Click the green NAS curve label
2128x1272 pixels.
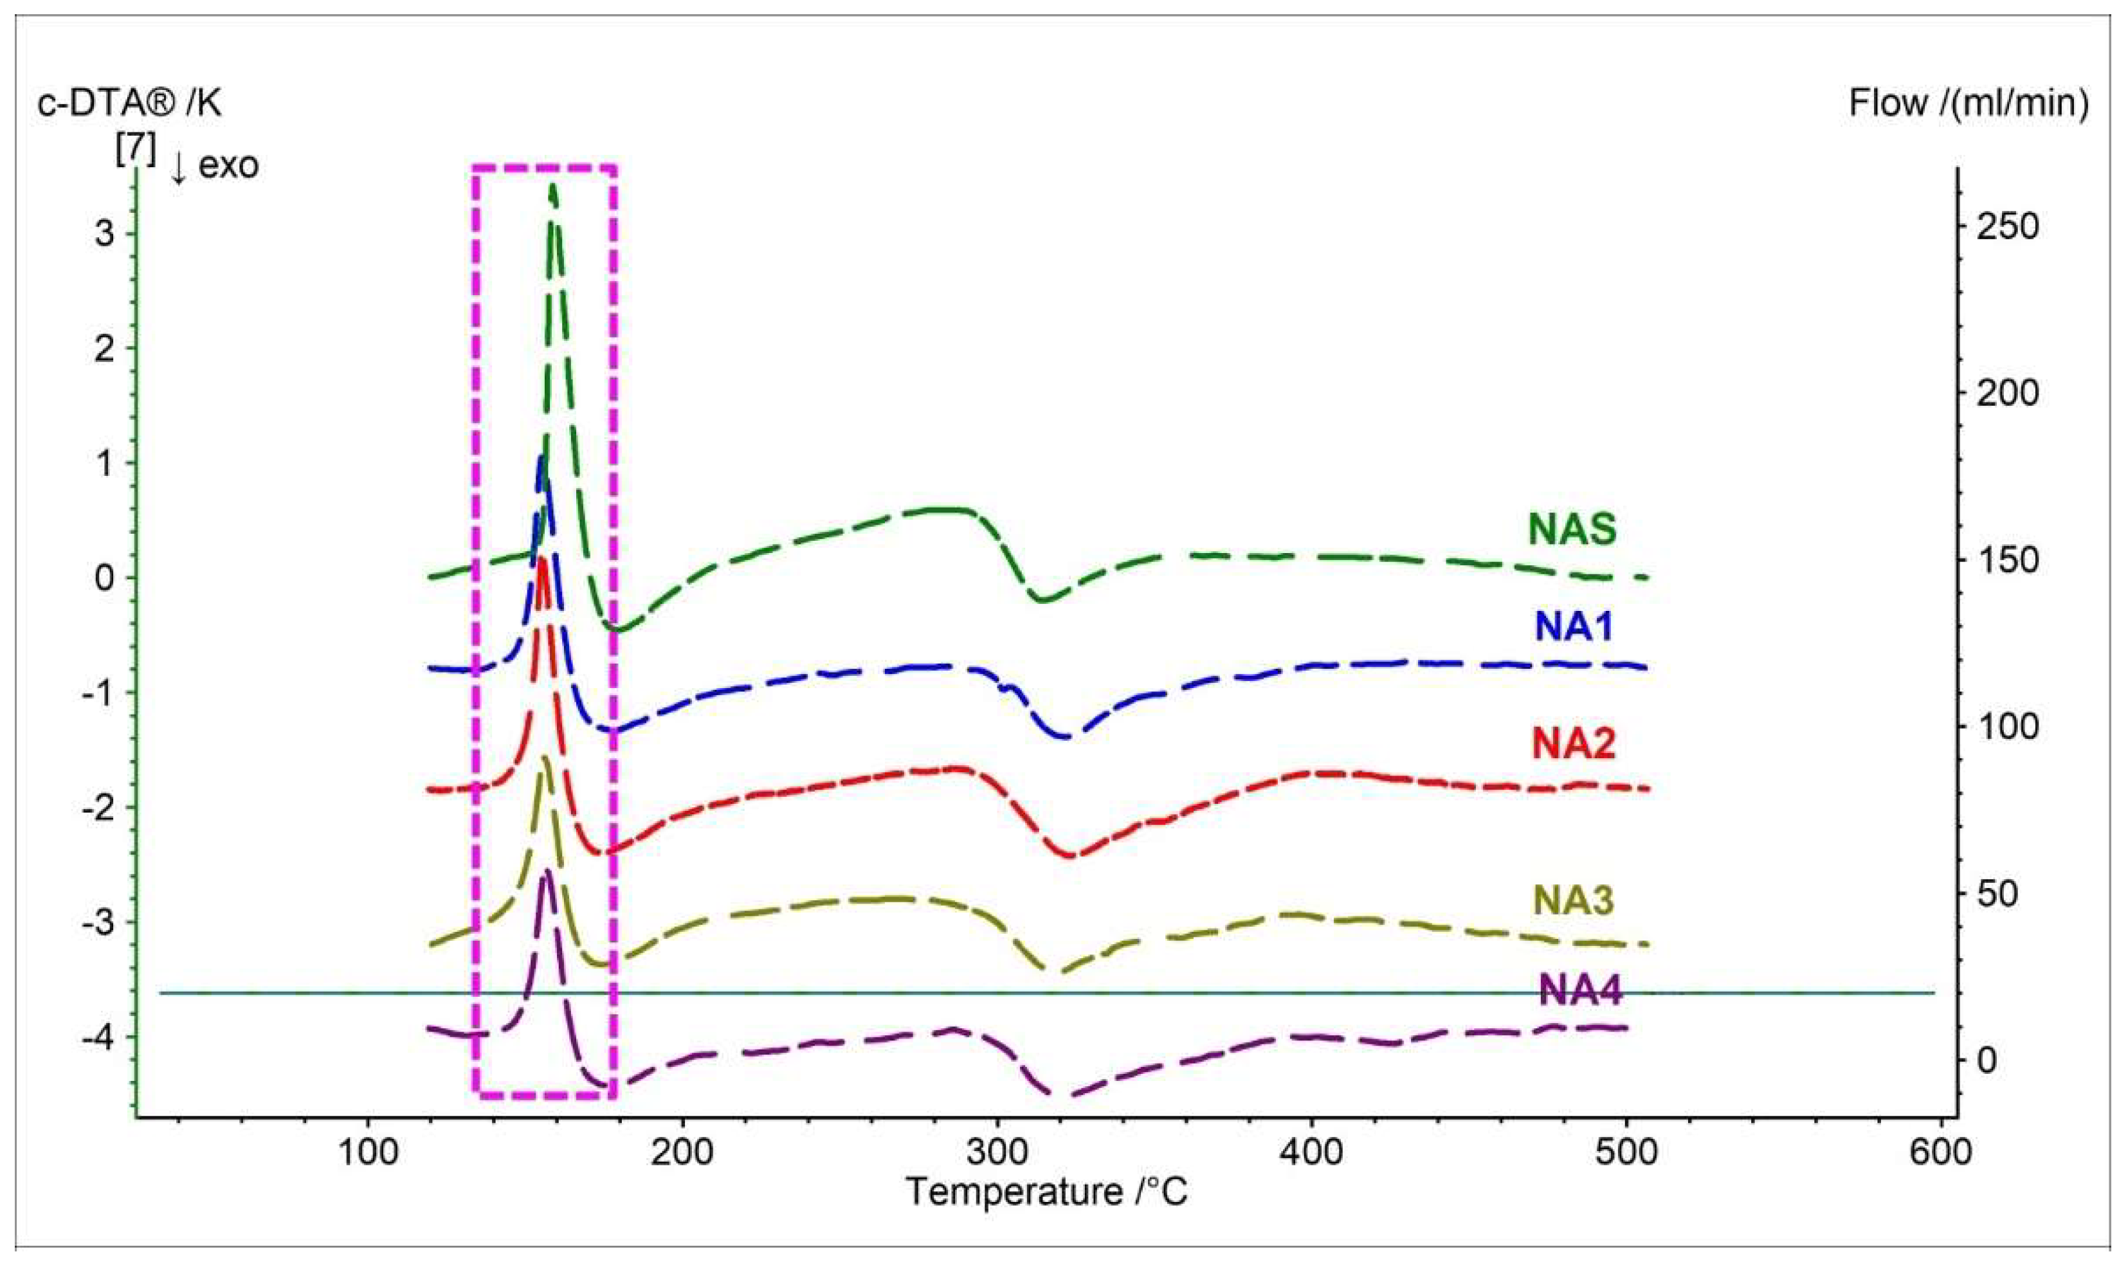[x=1572, y=529]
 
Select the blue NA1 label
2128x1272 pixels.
[x=1574, y=628]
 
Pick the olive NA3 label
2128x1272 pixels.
[x=1574, y=900]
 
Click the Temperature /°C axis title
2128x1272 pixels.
[x=1048, y=1192]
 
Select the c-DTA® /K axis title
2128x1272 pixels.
[x=129, y=104]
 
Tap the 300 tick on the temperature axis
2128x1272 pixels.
[x=997, y=1153]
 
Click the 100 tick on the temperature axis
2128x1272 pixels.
[x=368, y=1153]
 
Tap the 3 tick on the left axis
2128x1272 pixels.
[x=105, y=233]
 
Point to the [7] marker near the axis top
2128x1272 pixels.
[x=136, y=152]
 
